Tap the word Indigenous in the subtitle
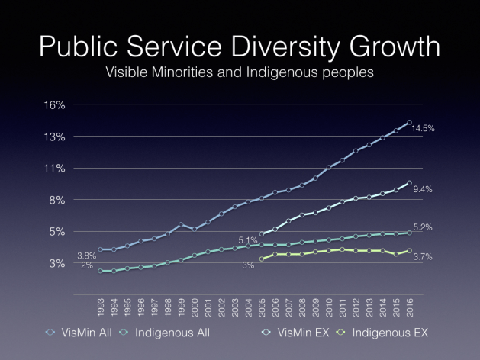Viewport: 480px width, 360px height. pos(298,75)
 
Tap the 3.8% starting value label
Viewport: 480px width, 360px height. pos(87,256)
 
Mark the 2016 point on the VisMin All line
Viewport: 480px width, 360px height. pos(409,122)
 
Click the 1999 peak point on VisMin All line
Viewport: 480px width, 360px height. pos(181,224)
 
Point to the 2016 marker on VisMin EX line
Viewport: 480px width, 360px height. pos(409,183)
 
